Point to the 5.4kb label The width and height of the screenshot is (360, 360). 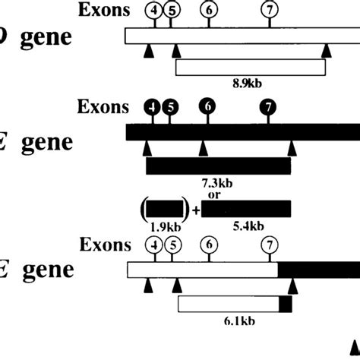click(x=246, y=226)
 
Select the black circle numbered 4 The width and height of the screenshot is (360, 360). click(x=153, y=107)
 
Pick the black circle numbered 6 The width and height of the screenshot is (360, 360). click(x=207, y=107)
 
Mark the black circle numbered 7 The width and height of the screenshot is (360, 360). click(x=267, y=107)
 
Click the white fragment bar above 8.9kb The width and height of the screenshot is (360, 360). click(x=251, y=68)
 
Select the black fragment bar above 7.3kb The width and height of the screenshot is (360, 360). click(x=218, y=166)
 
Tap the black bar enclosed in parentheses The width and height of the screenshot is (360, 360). click(x=164, y=209)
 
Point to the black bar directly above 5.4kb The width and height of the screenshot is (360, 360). click(x=246, y=209)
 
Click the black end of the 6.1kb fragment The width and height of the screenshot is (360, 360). click(x=286, y=305)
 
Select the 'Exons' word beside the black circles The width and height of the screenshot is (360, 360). click(x=103, y=107)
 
